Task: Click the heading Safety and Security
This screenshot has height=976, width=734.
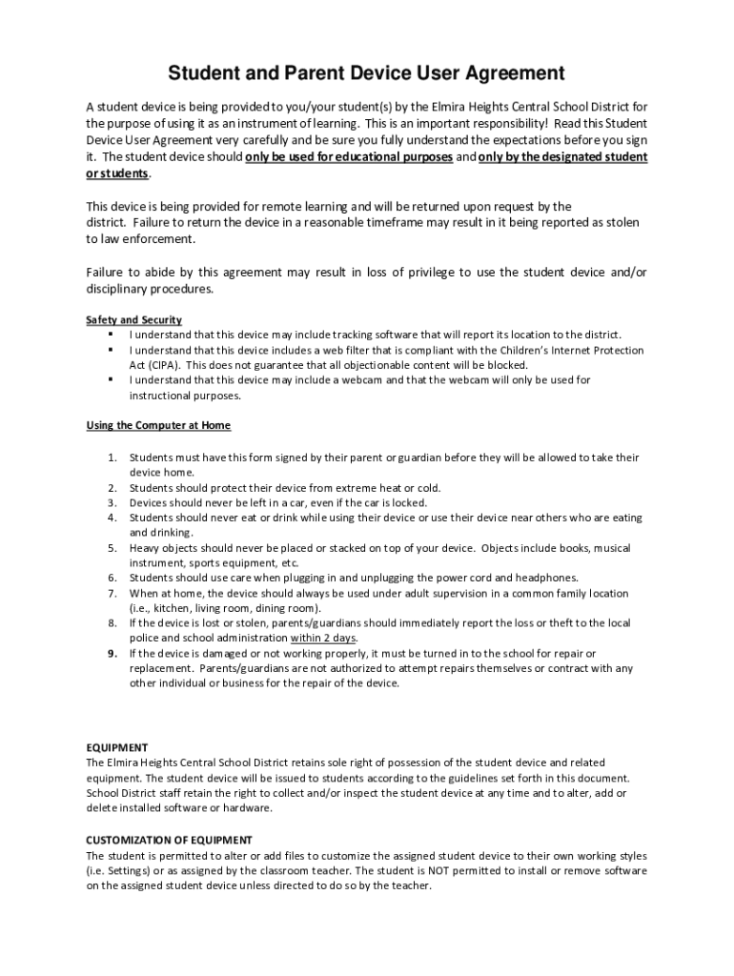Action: [133, 319]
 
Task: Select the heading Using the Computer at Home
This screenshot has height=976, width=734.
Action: [158, 425]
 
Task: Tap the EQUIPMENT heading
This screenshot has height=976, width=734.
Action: [116, 747]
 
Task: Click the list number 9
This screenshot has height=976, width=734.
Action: [112, 653]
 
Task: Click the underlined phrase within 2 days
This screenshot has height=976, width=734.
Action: [324, 638]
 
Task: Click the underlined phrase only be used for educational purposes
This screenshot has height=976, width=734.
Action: [349, 156]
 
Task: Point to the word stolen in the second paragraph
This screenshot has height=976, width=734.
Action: [619, 222]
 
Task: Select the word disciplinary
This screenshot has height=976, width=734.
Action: [119, 289]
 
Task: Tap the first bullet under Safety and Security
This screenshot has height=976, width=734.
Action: [112, 335]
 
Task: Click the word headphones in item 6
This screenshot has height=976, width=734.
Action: [546, 578]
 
